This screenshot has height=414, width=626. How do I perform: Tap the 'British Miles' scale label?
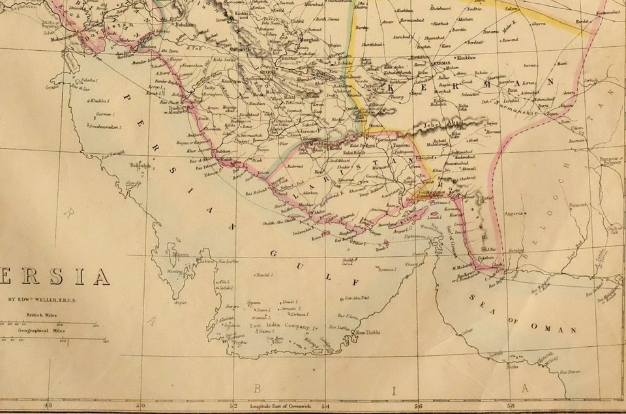(39, 314)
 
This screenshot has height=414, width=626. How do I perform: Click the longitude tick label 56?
(418, 405)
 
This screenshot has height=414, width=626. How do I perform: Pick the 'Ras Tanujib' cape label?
(112, 154)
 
